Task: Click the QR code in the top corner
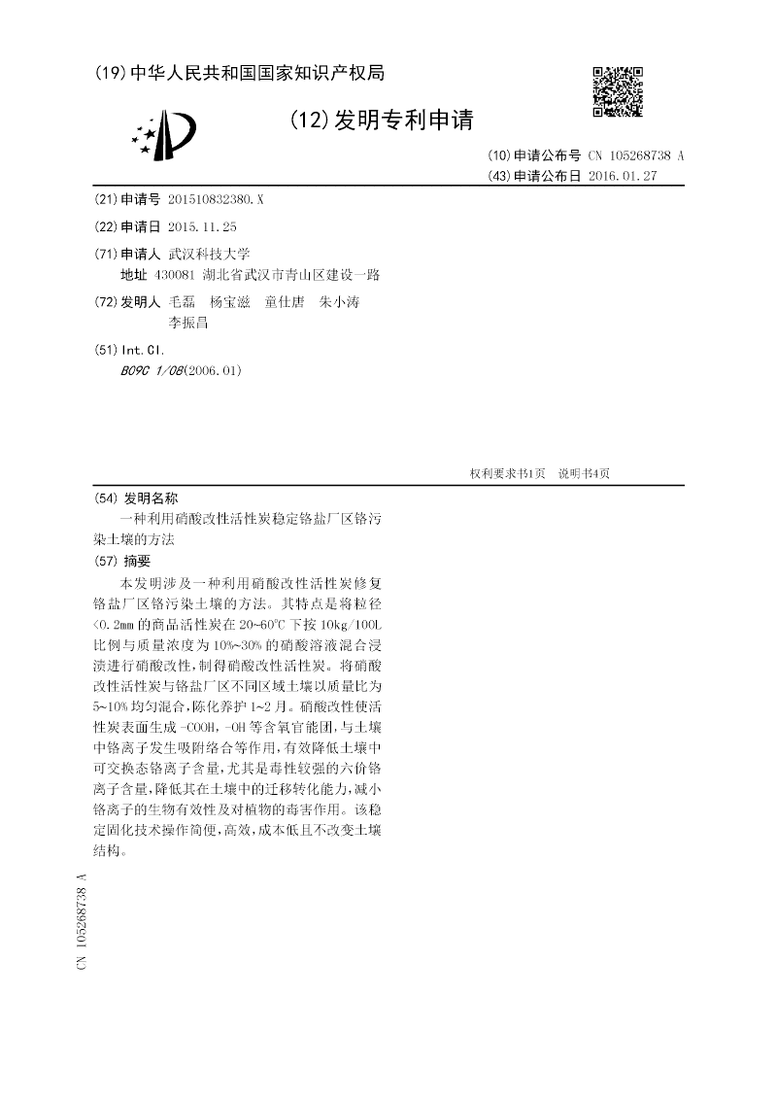[618, 91]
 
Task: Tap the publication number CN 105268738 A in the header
[635, 155]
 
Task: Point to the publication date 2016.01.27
[624, 176]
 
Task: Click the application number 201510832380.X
[215, 199]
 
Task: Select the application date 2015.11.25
[202, 226]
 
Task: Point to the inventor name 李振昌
[188, 323]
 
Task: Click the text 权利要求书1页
[507, 473]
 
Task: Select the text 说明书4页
[583, 473]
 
